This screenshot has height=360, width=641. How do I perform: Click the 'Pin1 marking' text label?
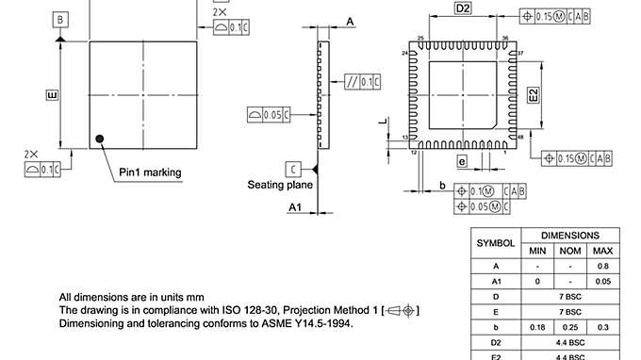tap(150, 172)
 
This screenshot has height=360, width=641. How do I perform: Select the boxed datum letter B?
tap(60, 20)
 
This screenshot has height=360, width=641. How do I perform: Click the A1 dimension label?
tap(295, 206)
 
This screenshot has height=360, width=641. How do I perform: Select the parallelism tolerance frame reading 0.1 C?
tap(364, 82)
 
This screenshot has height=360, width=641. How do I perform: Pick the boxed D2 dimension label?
tap(463, 8)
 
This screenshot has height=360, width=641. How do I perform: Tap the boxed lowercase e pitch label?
tap(462, 161)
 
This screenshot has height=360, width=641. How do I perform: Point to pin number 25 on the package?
tap(419, 39)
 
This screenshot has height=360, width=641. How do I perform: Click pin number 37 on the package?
tap(521, 54)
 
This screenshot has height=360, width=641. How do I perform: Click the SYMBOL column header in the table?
tap(496, 242)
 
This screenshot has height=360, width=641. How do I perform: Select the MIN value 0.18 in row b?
tap(537, 326)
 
